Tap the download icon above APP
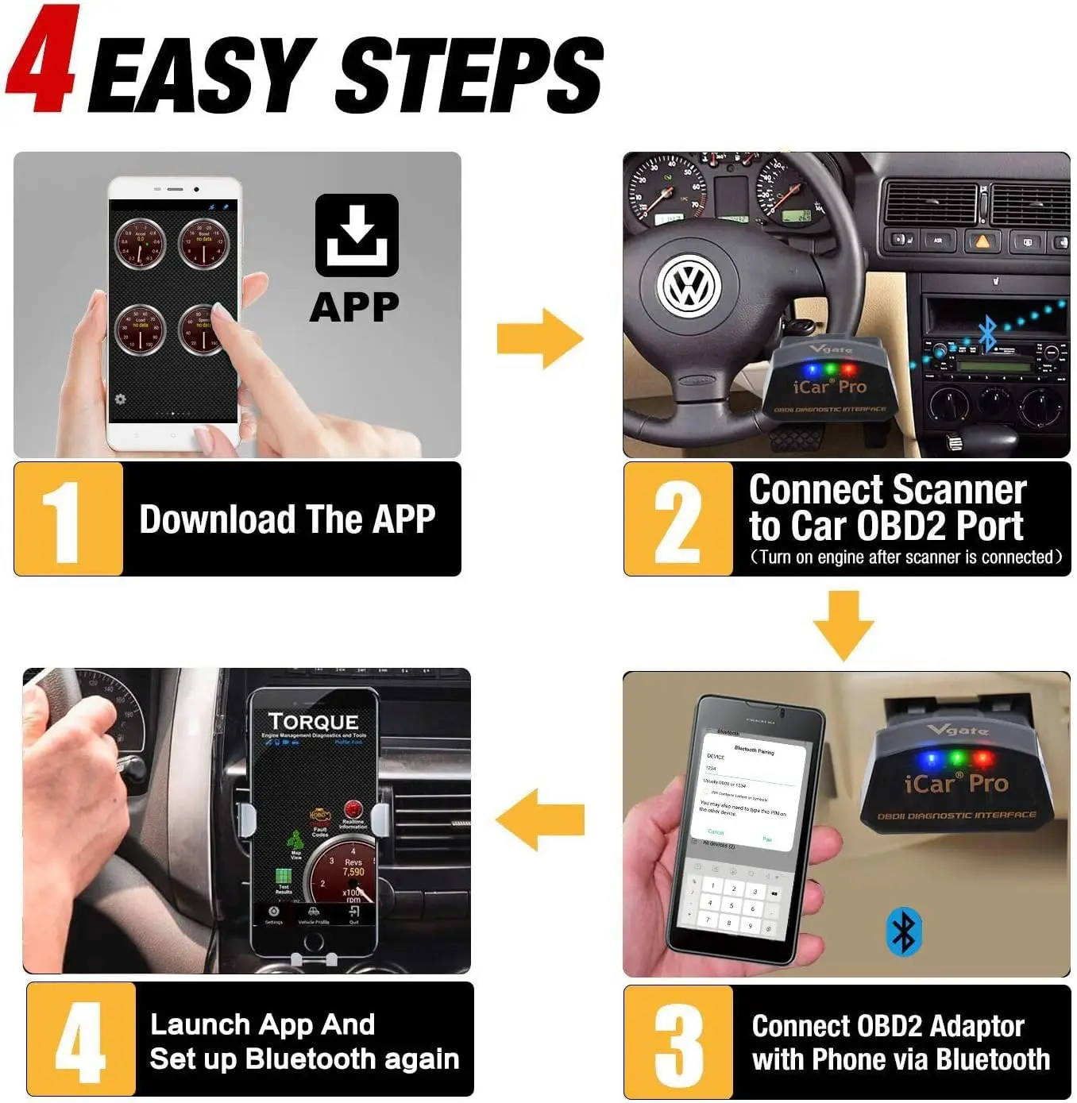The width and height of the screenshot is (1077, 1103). (x=357, y=235)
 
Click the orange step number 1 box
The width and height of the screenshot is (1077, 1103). (x=68, y=519)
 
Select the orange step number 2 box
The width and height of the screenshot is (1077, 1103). (x=677, y=519)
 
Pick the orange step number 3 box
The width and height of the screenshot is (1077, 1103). (x=677, y=1042)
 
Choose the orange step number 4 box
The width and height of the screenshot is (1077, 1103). (x=81, y=1039)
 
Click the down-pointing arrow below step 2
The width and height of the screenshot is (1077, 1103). (x=843, y=625)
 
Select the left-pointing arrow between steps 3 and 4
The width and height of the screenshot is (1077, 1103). (x=540, y=820)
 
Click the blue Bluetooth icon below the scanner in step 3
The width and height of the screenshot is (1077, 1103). (x=904, y=932)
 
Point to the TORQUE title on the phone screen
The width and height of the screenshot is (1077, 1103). (x=314, y=721)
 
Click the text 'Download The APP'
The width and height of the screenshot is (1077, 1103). (x=288, y=519)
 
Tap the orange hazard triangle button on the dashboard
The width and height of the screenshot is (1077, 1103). (x=982, y=241)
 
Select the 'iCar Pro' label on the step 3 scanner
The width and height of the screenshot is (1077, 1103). (x=955, y=784)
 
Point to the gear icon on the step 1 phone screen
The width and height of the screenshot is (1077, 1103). (x=121, y=399)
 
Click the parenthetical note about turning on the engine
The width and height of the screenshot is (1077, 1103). (x=905, y=557)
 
